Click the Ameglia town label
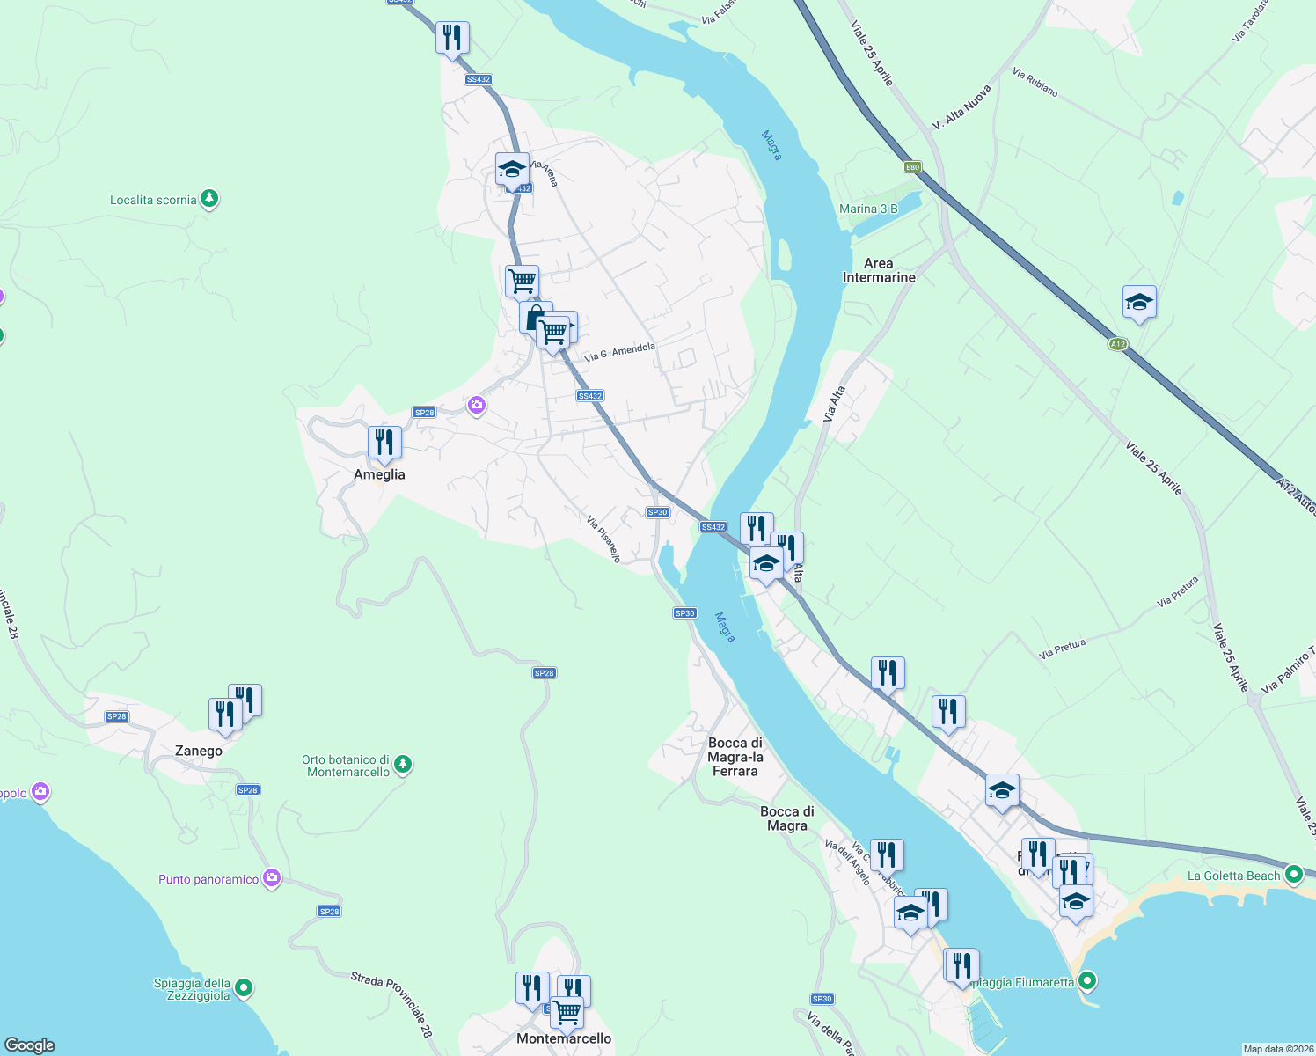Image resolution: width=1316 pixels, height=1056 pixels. click(x=379, y=474)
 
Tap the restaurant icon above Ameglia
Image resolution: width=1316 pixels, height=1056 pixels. click(x=384, y=442)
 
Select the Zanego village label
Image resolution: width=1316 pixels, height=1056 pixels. click(x=199, y=751)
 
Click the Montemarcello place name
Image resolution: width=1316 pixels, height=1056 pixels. click(x=564, y=1038)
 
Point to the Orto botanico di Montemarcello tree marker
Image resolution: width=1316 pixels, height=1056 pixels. click(x=403, y=764)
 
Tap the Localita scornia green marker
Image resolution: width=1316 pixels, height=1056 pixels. click(x=209, y=199)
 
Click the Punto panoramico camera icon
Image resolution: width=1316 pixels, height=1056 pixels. click(x=272, y=878)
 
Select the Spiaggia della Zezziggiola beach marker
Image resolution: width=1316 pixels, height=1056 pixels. click(x=245, y=988)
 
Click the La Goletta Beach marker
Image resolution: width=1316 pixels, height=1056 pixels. click(x=1294, y=875)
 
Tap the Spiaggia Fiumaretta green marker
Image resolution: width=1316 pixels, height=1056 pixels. click(x=1088, y=980)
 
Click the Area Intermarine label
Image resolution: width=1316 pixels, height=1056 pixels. click(x=879, y=270)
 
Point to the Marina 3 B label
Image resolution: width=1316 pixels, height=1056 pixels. click(x=868, y=209)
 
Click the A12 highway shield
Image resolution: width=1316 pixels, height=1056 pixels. click(x=1118, y=344)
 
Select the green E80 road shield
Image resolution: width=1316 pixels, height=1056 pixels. click(x=912, y=167)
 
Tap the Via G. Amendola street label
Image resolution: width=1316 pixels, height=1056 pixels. click(x=620, y=352)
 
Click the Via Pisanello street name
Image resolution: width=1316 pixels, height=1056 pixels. click(x=603, y=539)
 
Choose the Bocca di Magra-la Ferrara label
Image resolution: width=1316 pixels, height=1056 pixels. click(x=735, y=757)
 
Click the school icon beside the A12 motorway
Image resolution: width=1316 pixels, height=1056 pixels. click(x=1139, y=303)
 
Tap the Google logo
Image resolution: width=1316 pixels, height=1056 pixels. click(x=30, y=1045)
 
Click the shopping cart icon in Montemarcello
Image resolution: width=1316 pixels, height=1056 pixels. click(x=567, y=1012)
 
